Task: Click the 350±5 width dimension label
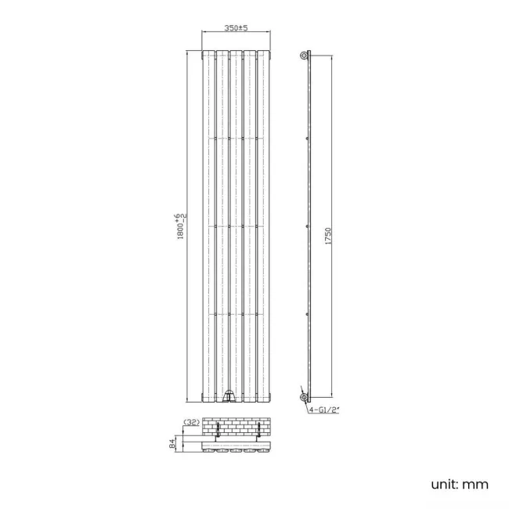236,28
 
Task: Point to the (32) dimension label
190,422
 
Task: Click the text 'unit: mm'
461,485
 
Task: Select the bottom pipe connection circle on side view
305,398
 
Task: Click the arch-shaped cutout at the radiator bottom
229,397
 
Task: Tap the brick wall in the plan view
236,428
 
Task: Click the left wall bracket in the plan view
207,432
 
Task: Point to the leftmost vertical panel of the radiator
208,227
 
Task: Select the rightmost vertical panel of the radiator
264,227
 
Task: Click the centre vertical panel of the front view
236,227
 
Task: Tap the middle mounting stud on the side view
308,226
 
